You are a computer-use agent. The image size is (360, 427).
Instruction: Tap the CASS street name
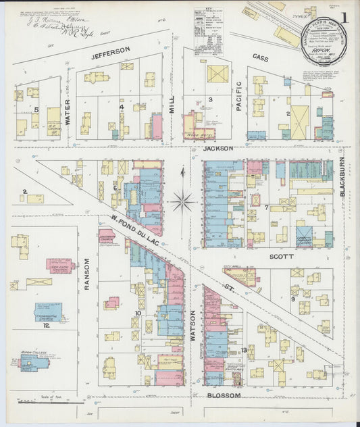tap(261, 59)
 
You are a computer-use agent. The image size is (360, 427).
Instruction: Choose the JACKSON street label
tap(217, 148)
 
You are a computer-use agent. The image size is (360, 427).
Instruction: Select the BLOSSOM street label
tap(224, 395)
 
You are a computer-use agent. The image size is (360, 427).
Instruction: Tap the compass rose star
tap(182, 201)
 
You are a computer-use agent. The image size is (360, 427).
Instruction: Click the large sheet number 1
tap(345, 18)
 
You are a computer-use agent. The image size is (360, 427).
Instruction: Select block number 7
tap(266, 207)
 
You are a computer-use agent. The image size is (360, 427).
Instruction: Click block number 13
tap(244, 349)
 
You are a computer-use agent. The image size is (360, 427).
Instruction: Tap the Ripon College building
tap(34, 363)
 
